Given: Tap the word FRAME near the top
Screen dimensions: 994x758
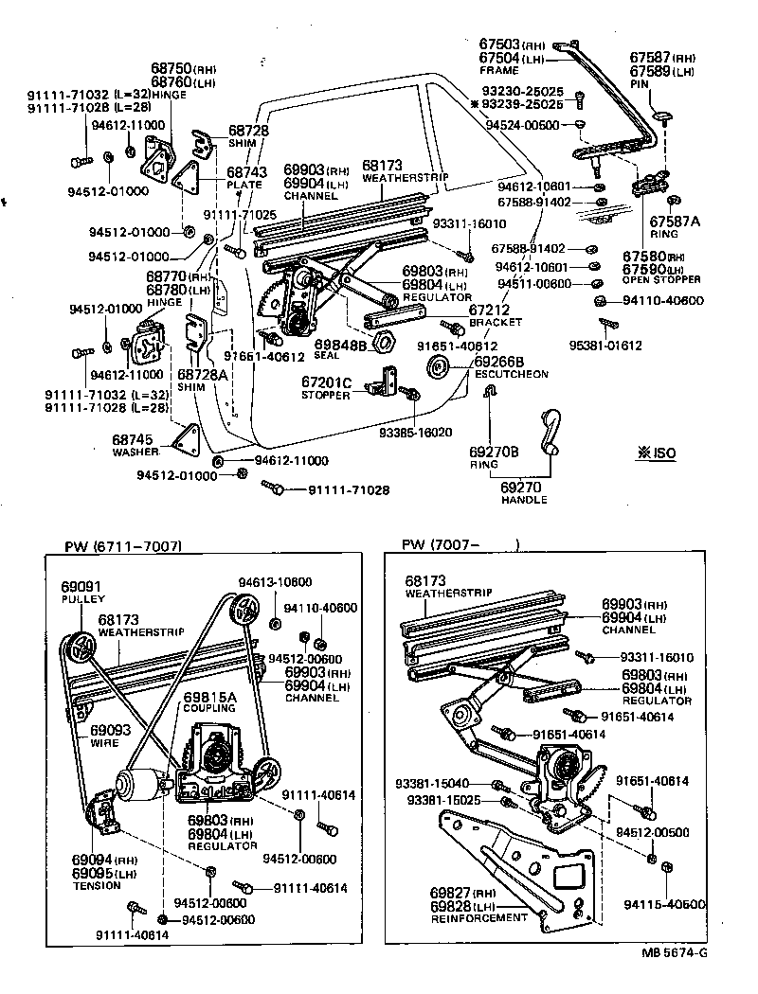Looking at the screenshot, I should click(x=499, y=70).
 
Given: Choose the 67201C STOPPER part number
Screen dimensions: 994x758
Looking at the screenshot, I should click(x=327, y=382).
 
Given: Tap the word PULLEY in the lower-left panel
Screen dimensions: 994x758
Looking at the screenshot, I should click(x=81, y=599).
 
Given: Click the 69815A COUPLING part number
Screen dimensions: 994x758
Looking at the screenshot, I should click(x=209, y=697).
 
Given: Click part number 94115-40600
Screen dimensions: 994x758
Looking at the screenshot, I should click(x=664, y=904).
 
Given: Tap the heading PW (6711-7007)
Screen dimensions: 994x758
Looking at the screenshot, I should click(x=123, y=546).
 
